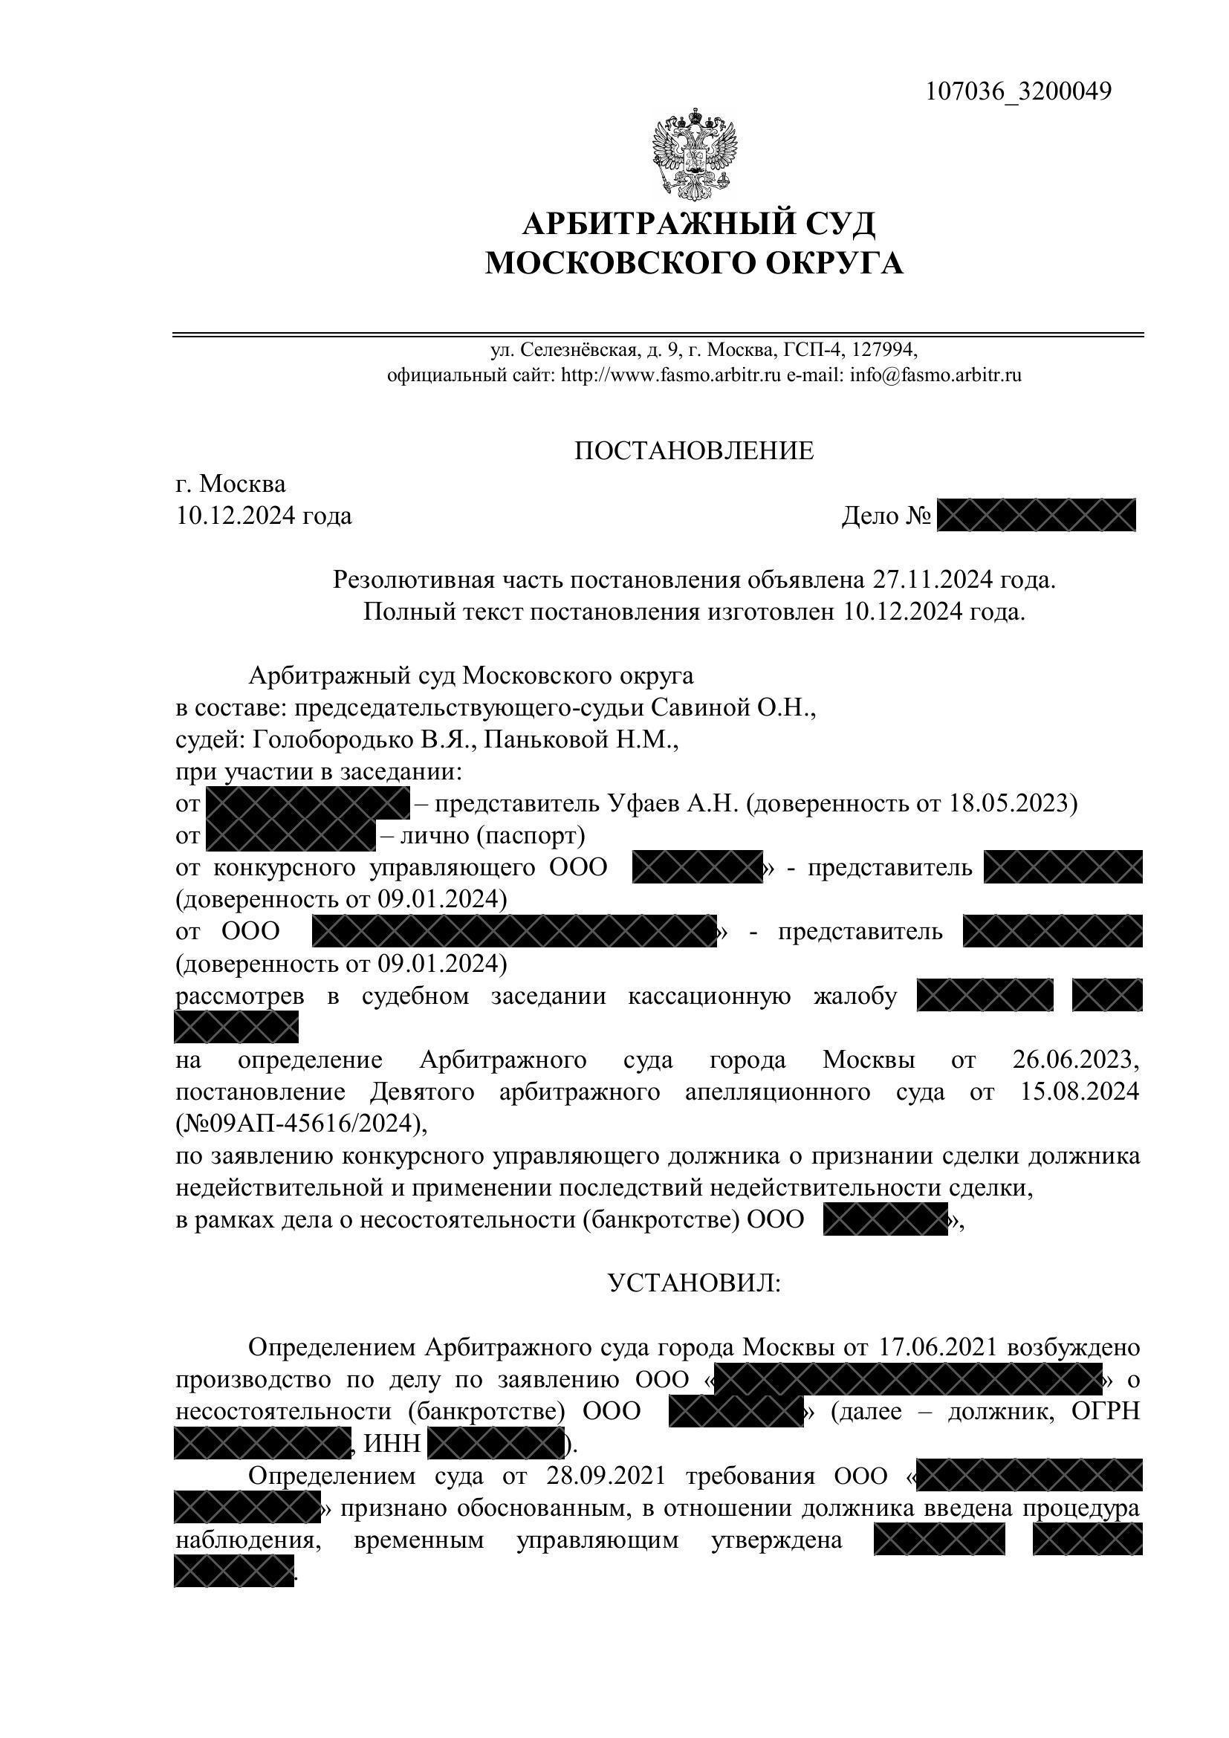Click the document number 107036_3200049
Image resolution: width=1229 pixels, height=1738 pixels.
pyautogui.click(x=1019, y=91)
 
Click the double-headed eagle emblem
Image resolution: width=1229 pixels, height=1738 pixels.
pyautogui.click(x=694, y=152)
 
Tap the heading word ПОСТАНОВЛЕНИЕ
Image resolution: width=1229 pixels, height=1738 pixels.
pyautogui.click(x=694, y=451)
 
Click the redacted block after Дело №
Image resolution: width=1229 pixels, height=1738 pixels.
pyautogui.click(x=1036, y=516)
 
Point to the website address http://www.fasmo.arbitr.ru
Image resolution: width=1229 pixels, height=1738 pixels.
pyautogui.click(x=669, y=374)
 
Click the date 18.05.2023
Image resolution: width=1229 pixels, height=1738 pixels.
pyautogui.click(x=1013, y=803)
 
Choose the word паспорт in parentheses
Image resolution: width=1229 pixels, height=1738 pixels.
pyautogui.click(x=530, y=836)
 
